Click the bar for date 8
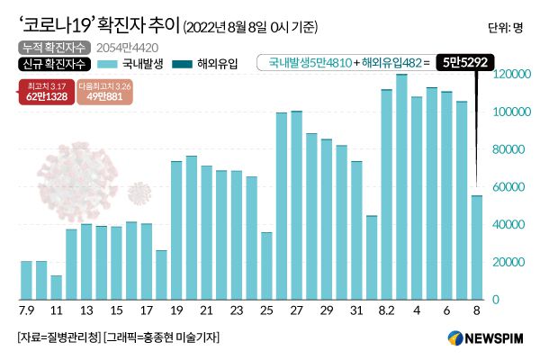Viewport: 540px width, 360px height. point(477,247)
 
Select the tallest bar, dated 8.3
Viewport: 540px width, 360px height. point(401,186)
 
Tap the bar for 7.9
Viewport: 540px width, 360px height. point(26,280)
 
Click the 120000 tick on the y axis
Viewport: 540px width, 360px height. point(510,74)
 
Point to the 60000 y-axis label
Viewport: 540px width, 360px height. point(508,186)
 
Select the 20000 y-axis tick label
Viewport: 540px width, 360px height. point(508,262)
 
